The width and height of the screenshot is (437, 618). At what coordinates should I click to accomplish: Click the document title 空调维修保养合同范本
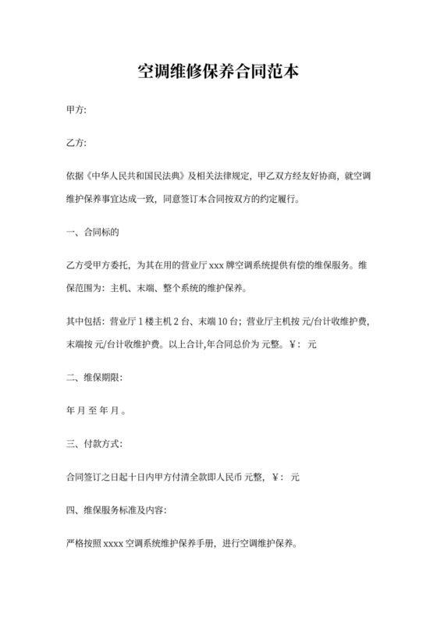(x=218, y=73)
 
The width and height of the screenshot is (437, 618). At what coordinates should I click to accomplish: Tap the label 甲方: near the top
(x=76, y=111)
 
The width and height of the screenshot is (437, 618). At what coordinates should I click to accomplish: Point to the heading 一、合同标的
(x=91, y=232)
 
